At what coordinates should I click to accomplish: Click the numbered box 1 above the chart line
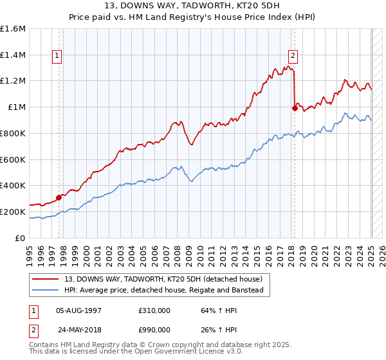[x=57, y=56]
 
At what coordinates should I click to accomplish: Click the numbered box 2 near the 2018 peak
[x=293, y=56]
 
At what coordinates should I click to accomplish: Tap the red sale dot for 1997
[x=59, y=197]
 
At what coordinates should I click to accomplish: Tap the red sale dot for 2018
[x=295, y=108]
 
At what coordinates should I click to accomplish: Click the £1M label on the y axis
[x=17, y=107]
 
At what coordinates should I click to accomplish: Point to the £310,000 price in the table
[x=154, y=310]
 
